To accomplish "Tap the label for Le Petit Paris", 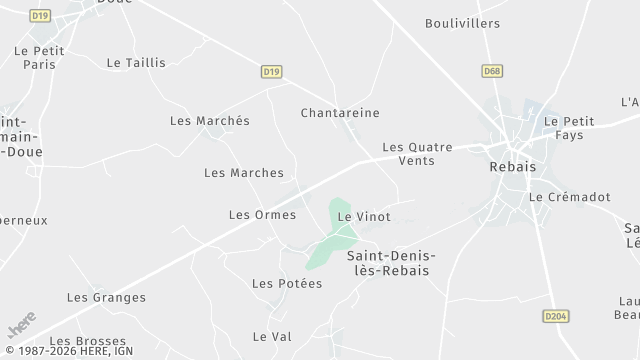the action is pos(33,55).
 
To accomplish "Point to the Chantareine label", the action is pos(340,114).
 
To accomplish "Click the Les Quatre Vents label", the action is pos(417,153).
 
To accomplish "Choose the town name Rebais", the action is pos(513,167).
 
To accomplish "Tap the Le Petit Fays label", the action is pos(569,128).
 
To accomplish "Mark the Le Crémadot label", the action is pos(569,198).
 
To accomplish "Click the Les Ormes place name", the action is pos(262,215).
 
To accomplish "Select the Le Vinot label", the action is pos(364,216).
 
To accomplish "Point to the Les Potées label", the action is pos(287,284).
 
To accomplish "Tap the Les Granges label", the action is pos(106,297).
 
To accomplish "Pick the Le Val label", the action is pos(272,336).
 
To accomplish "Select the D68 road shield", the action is pos(491,71).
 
